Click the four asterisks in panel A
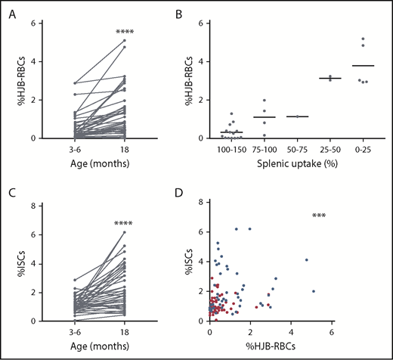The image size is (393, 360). coord(125,32)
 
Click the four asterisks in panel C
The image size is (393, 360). coord(125,224)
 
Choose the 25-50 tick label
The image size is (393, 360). coord(331,150)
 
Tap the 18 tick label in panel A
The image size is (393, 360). coord(125,150)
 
